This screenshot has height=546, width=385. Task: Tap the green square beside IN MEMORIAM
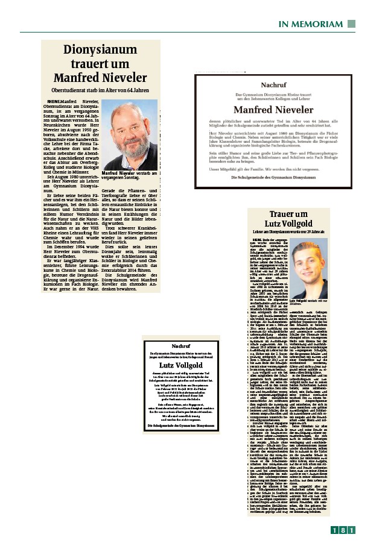pos(350,23)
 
